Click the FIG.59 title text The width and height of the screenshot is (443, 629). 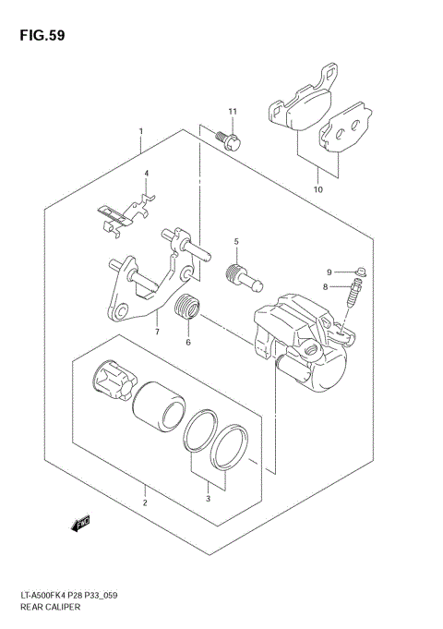(x=40, y=38)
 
